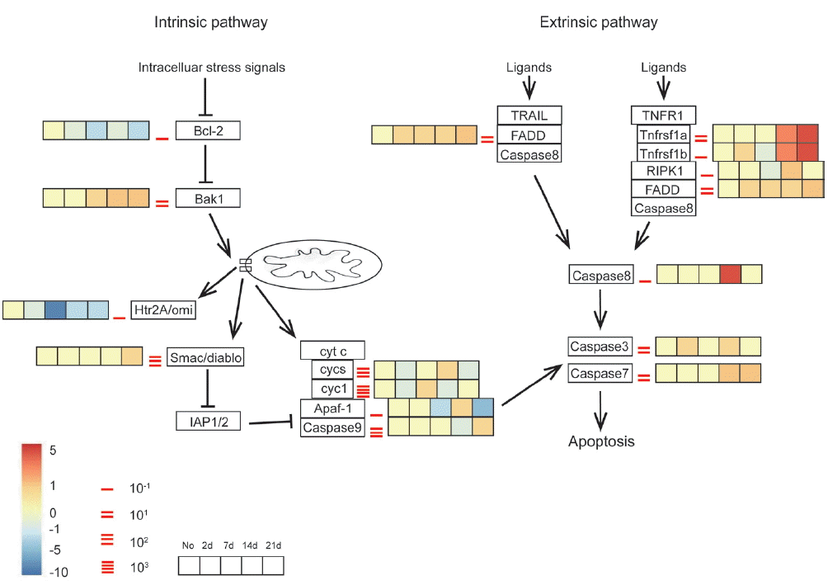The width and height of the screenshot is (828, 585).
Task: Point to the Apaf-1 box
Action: click(332, 408)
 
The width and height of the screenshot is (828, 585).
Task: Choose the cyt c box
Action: click(332, 351)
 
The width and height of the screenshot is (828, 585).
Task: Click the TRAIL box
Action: click(529, 115)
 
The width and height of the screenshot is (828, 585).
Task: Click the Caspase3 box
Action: click(601, 347)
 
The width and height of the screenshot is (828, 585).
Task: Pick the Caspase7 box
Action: click(601, 374)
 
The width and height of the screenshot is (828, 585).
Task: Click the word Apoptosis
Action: click(601, 441)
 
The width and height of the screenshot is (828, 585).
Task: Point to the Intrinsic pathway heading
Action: click(211, 22)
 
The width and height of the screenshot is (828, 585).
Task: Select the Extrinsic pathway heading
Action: click(599, 22)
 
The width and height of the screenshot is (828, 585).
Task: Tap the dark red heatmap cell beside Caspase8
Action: click(729, 274)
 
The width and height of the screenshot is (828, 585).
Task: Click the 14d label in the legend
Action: click(252, 546)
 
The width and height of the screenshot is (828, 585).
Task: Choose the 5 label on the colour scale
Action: click(53, 451)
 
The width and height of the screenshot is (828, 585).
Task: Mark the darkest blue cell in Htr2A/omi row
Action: click(56, 310)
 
